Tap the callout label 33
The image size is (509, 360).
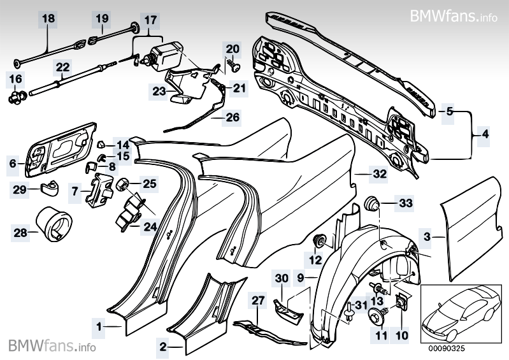pos(406,204)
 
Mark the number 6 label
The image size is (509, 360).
pos(13,163)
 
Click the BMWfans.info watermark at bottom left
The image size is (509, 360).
pos(53,347)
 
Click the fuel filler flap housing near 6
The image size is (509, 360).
pos(59,152)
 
